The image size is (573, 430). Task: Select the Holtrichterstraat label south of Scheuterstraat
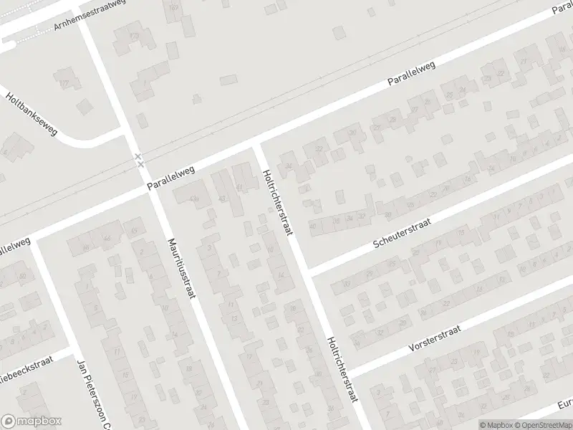[x=341, y=370]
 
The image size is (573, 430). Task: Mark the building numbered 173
[x=133, y=34]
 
